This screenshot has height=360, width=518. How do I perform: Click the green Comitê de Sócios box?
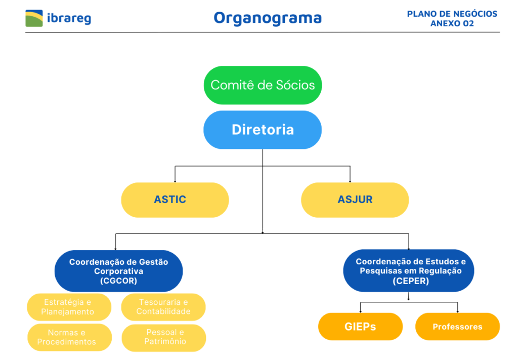263,85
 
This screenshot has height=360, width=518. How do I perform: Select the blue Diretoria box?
263,130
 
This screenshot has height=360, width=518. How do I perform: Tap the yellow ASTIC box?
175,200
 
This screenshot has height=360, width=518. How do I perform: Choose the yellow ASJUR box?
355,200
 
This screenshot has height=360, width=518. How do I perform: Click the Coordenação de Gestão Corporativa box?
118,271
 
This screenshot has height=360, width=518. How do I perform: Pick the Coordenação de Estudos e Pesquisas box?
409,271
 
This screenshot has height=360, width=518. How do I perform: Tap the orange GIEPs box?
360,327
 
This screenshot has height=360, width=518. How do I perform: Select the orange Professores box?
457,327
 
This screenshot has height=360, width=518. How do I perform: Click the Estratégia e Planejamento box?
69,307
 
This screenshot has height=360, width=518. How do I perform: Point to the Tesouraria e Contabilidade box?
163,307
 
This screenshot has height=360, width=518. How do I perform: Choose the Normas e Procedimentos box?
69,338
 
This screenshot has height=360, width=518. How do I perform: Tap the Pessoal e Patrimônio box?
164,338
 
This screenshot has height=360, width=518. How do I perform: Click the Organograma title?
268,18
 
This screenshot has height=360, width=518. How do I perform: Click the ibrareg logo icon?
34,18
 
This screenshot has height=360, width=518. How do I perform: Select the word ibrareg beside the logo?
69,18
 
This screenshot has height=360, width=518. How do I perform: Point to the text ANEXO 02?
452,23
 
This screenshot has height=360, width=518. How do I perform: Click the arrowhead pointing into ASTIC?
175,181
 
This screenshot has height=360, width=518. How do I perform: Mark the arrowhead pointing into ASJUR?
350,181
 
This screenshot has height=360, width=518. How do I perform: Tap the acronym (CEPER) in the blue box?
411,281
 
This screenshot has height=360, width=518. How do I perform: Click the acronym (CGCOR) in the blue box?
118,281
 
